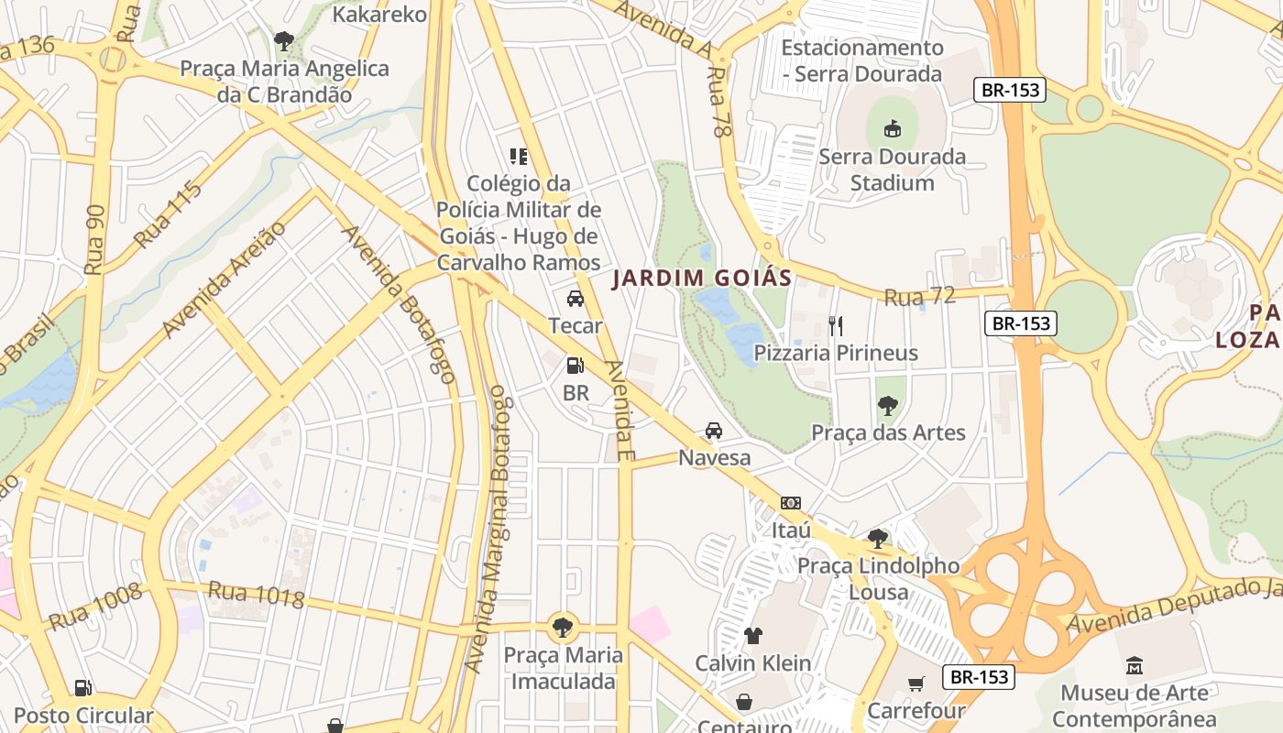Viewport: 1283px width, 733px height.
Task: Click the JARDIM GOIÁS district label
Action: [x=701, y=278]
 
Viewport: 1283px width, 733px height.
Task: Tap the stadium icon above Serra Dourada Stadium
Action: [x=892, y=129]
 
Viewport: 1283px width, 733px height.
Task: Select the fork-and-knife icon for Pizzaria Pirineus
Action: [x=835, y=325]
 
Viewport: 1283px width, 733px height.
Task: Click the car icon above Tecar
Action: [x=576, y=299]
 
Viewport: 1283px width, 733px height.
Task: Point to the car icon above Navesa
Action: [x=713, y=431]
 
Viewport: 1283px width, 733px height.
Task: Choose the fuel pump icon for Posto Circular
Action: [x=82, y=688]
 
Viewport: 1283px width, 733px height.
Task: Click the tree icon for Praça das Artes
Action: [x=887, y=406]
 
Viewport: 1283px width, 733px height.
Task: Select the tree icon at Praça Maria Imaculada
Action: [x=563, y=628]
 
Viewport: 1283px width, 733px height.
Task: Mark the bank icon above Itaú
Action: [x=790, y=503]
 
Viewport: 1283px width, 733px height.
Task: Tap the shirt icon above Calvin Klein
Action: [x=752, y=636]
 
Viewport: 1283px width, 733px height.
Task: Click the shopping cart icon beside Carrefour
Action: [x=915, y=684]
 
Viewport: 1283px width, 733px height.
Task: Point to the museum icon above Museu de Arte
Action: [x=1135, y=665]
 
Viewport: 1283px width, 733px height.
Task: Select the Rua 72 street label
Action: [x=919, y=296]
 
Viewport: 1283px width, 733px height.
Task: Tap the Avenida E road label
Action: [x=620, y=410]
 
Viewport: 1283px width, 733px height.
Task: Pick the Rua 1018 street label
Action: [x=256, y=594]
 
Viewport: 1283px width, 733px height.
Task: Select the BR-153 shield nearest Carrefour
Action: [x=980, y=677]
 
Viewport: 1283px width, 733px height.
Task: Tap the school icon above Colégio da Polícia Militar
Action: [x=519, y=157]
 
